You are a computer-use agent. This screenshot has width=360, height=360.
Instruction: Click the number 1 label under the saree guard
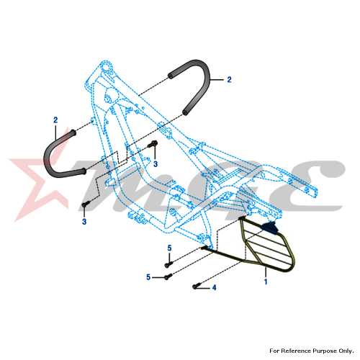(x=266, y=282)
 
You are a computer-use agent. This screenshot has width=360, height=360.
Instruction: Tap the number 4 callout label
(x=214, y=287)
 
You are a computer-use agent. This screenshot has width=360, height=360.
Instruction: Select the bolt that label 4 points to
(x=195, y=287)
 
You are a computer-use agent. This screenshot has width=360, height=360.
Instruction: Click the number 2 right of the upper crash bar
(x=229, y=79)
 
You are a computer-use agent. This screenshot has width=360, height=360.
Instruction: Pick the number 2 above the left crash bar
(x=55, y=120)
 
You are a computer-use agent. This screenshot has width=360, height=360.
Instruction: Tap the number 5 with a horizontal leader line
(x=148, y=277)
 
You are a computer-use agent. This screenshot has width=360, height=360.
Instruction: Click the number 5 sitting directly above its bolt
(x=169, y=248)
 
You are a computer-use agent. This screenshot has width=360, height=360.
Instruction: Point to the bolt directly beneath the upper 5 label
(x=168, y=265)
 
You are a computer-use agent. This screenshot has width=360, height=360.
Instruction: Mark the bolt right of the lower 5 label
(x=168, y=277)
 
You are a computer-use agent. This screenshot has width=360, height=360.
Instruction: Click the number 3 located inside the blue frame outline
(x=156, y=164)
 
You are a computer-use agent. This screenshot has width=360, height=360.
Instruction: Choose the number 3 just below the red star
(x=84, y=222)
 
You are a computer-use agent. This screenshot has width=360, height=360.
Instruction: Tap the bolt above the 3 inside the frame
(x=153, y=144)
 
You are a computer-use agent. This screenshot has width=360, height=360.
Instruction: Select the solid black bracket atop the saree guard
(x=271, y=228)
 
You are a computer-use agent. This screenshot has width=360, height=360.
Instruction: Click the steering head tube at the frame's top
(x=107, y=68)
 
